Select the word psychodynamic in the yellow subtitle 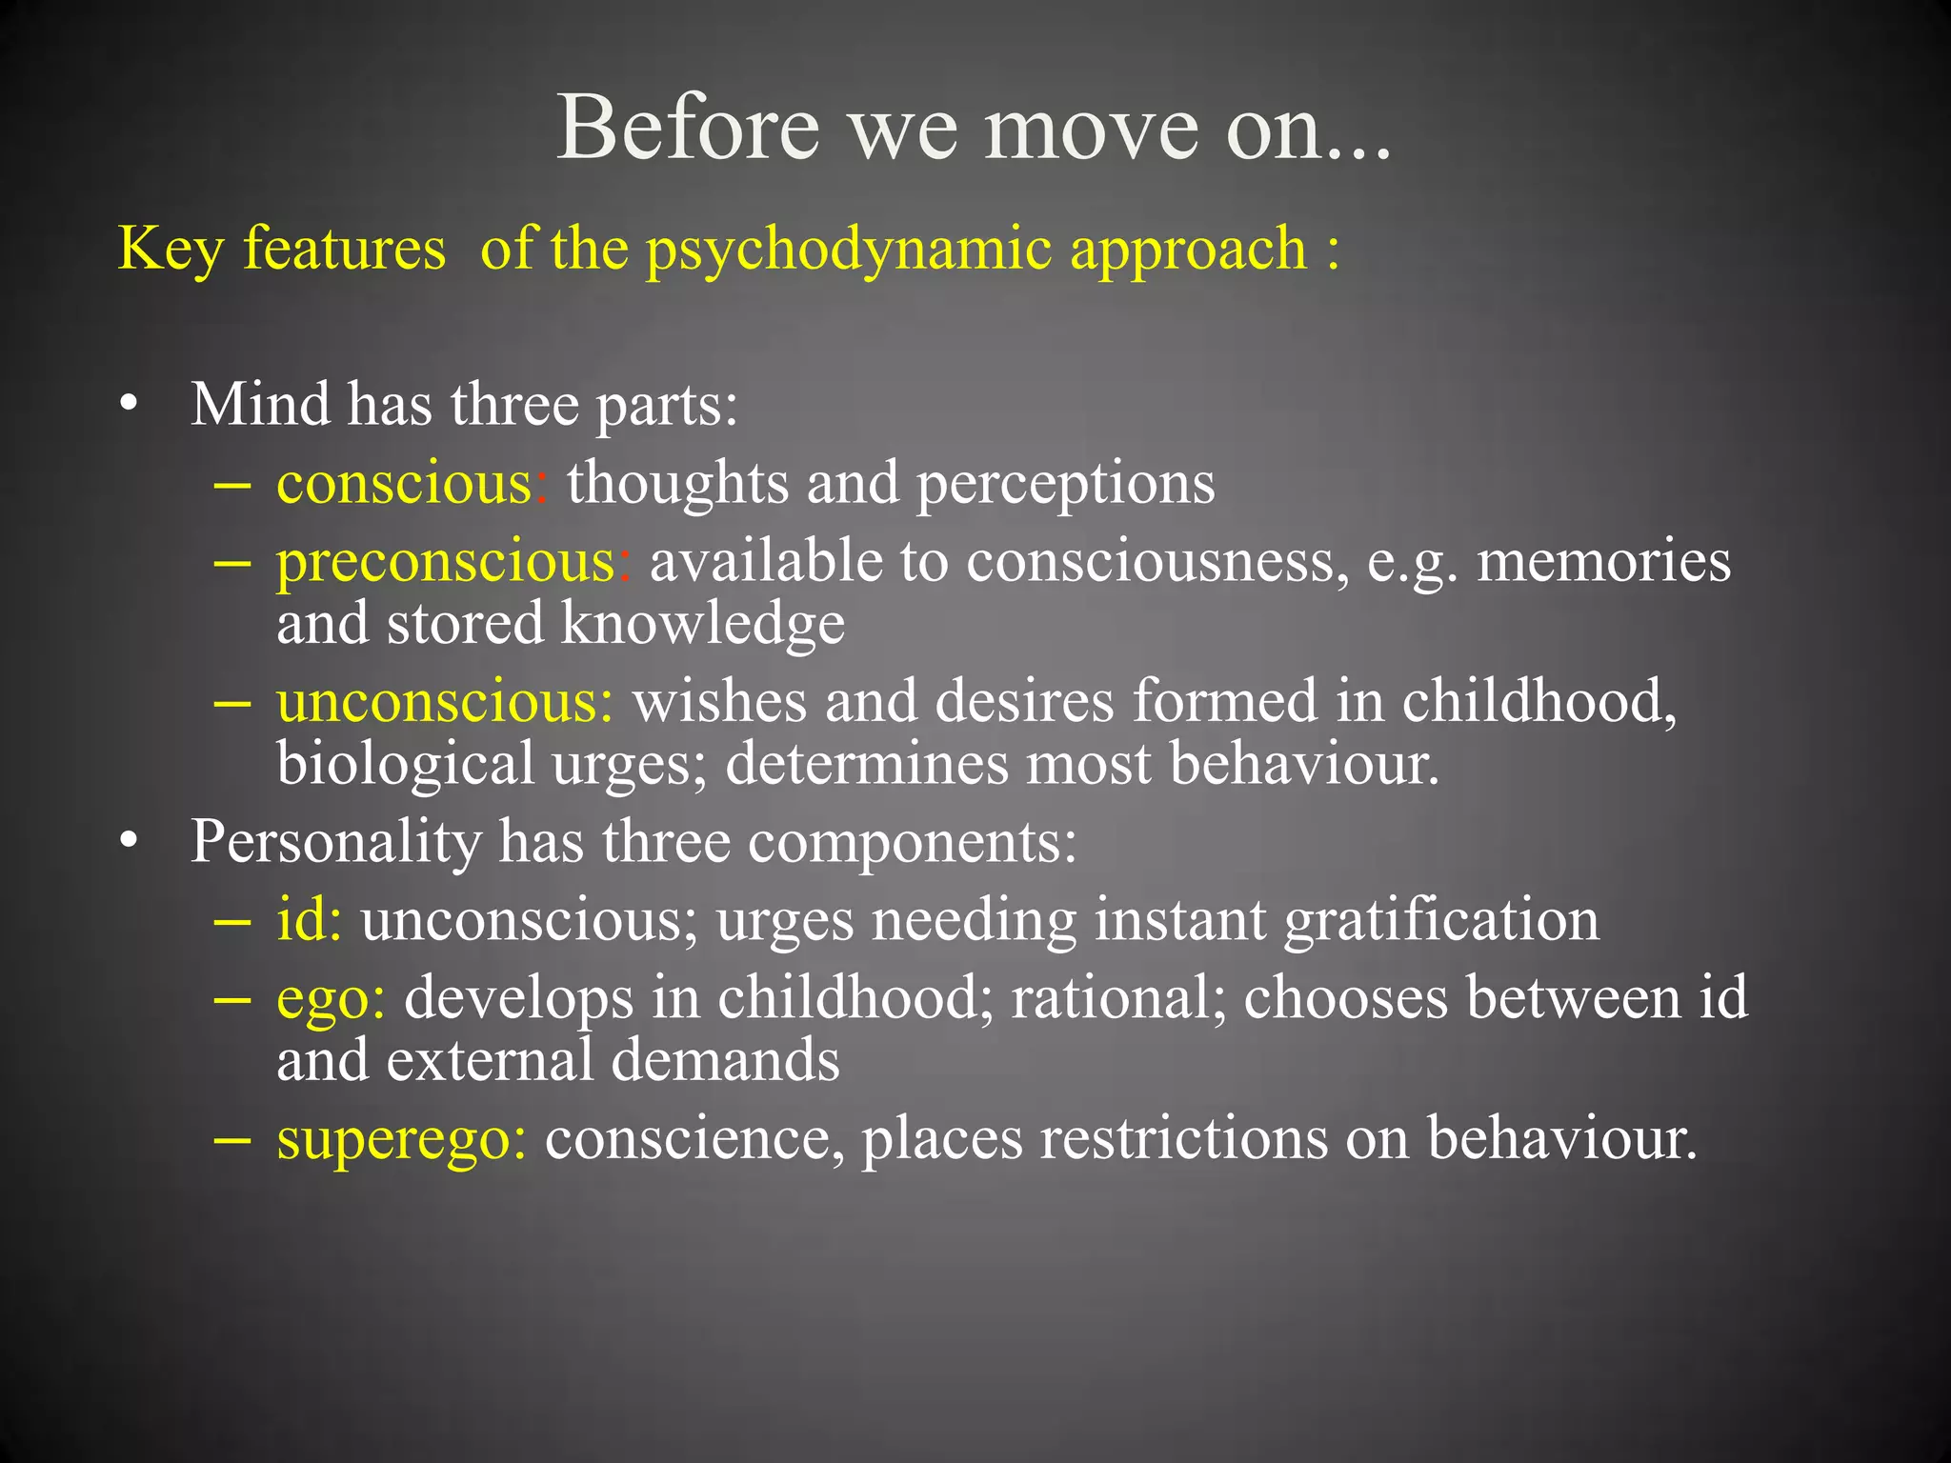[x=848, y=250]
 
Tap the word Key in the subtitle [x=171, y=250]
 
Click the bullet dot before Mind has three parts [x=130, y=406]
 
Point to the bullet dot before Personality [x=130, y=843]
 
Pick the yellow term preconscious [x=446, y=562]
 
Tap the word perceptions [x=1065, y=484]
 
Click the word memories [x=1603, y=560]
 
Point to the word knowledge [x=702, y=624]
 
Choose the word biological [x=406, y=764]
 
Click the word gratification [x=1441, y=920]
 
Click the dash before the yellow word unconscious [x=233, y=704]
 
